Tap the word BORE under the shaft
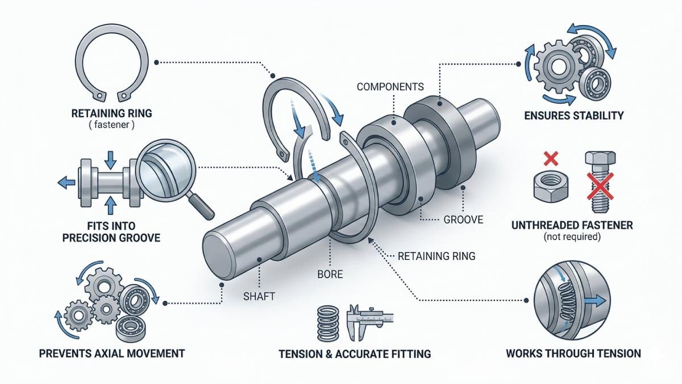coord(330,274)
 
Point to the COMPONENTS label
coord(390,87)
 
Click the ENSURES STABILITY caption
coord(574,115)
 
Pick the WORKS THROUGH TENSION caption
coord(573,353)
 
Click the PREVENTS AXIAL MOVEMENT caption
coord(111,353)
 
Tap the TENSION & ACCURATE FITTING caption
coord(355,353)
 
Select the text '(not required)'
coord(572,237)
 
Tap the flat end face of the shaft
coord(219,258)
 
